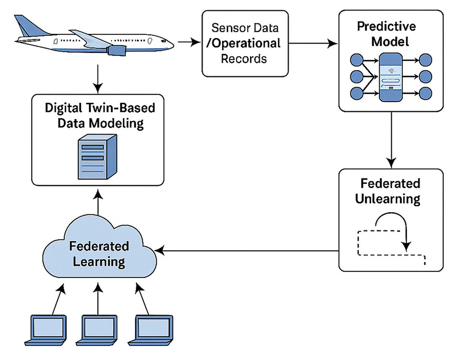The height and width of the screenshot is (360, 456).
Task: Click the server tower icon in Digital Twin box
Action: pyautogui.click(x=97, y=156)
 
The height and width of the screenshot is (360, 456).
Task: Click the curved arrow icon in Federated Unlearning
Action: pyautogui.click(x=391, y=232)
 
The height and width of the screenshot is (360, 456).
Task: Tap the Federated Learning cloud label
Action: pyautogui.click(x=99, y=254)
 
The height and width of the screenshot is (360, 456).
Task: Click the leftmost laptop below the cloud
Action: pyautogui.click(x=49, y=329)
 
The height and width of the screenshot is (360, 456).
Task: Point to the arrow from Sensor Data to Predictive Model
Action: pyautogui.click(x=313, y=44)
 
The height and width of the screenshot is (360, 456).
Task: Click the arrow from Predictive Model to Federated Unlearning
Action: pyautogui.click(x=391, y=137)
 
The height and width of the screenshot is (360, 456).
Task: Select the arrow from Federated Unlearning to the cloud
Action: pyautogui.click(x=247, y=251)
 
